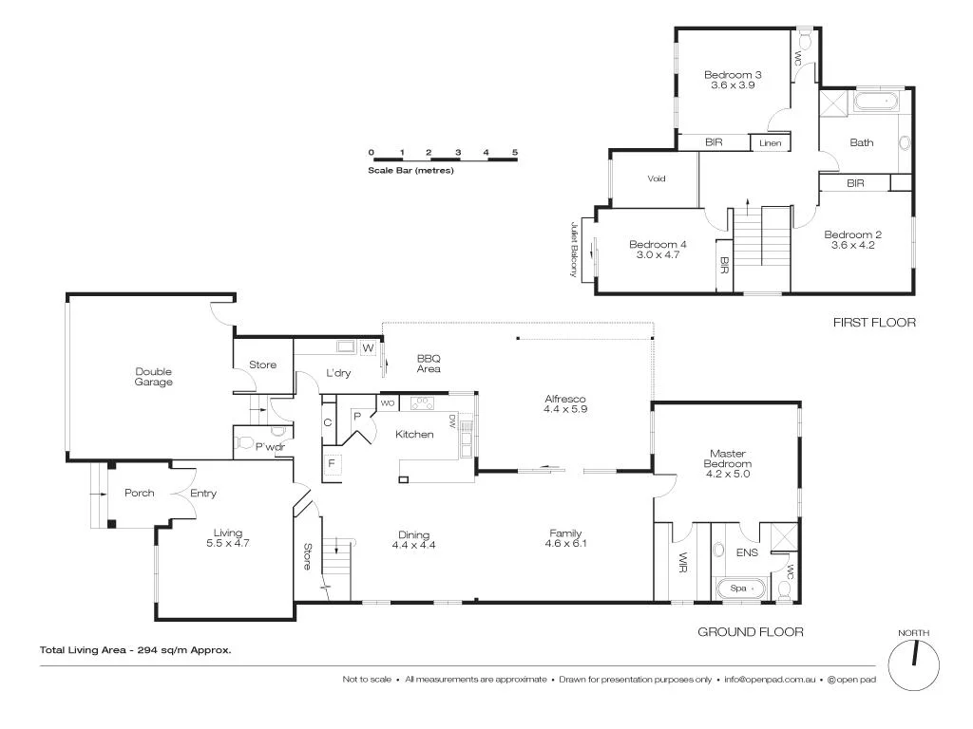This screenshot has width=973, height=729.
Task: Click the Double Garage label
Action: coord(153,377)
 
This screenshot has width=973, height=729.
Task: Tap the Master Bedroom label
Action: coord(729,462)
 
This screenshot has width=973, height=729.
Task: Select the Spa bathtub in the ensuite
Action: coord(738,589)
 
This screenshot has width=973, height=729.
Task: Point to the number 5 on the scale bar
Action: coord(514,152)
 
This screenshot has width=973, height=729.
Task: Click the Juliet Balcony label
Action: coord(574,250)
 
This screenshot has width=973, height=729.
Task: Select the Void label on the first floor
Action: coord(656,178)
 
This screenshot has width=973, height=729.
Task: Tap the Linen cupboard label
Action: coord(770,143)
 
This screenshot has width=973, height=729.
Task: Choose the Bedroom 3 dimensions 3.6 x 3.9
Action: coord(733,85)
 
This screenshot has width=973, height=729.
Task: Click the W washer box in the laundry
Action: coord(367,347)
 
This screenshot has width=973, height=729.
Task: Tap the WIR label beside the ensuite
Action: coord(682,564)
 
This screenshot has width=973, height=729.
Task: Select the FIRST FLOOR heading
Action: coord(874,323)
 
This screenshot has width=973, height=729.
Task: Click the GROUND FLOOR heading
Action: coord(751,631)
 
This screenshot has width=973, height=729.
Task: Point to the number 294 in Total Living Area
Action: coord(150,650)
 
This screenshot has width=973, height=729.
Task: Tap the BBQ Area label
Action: coord(429,364)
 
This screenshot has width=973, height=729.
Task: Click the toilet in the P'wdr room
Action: coord(246,441)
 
